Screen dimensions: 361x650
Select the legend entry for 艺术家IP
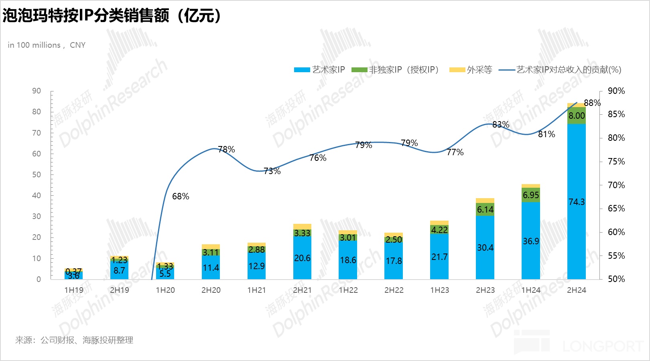[x=320, y=70]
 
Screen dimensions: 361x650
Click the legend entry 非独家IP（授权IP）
[x=396, y=70]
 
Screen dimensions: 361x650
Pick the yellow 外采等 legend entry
[x=471, y=70]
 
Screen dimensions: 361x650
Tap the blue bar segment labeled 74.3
[x=577, y=202]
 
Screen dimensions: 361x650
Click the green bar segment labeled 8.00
[x=577, y=116]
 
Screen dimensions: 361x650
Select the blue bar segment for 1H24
[x=531, y=241]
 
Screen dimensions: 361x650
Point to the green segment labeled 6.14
[x=485, y=209]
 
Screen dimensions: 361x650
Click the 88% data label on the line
[x=592, y=103]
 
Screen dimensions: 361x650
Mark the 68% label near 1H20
[x=181, y=196]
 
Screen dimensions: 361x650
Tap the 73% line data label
[x=272, y=171]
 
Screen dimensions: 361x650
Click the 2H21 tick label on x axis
[x=302, y=290]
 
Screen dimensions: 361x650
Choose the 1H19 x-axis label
[x=74, y=290]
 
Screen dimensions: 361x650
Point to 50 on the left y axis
[x=37, y=174]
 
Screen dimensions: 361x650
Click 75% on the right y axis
[x=616, y=161]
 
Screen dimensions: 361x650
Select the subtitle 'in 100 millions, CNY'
[x=47, y=45]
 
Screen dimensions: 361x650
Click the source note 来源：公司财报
[x=74, y=340]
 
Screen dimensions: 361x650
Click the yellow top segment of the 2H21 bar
[x=302, y=227]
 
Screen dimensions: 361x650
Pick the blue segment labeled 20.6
[x=302, y=258]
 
